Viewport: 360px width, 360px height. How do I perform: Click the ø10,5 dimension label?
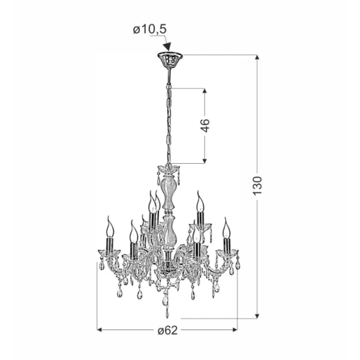click(149, 29)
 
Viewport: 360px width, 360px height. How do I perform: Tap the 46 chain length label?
click(205, 125)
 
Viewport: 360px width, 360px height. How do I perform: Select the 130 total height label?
click(257, 186)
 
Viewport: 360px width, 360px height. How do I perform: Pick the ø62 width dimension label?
click(168, 331)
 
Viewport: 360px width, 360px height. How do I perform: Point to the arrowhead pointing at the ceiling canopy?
click(168, 46)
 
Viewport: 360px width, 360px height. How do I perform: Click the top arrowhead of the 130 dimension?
click(257, 57)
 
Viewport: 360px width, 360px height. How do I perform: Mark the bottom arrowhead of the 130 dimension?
click(257, 316)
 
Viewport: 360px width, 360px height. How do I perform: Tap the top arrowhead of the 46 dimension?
click(205, 91)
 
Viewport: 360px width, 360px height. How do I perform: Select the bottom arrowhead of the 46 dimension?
click(205, 161)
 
